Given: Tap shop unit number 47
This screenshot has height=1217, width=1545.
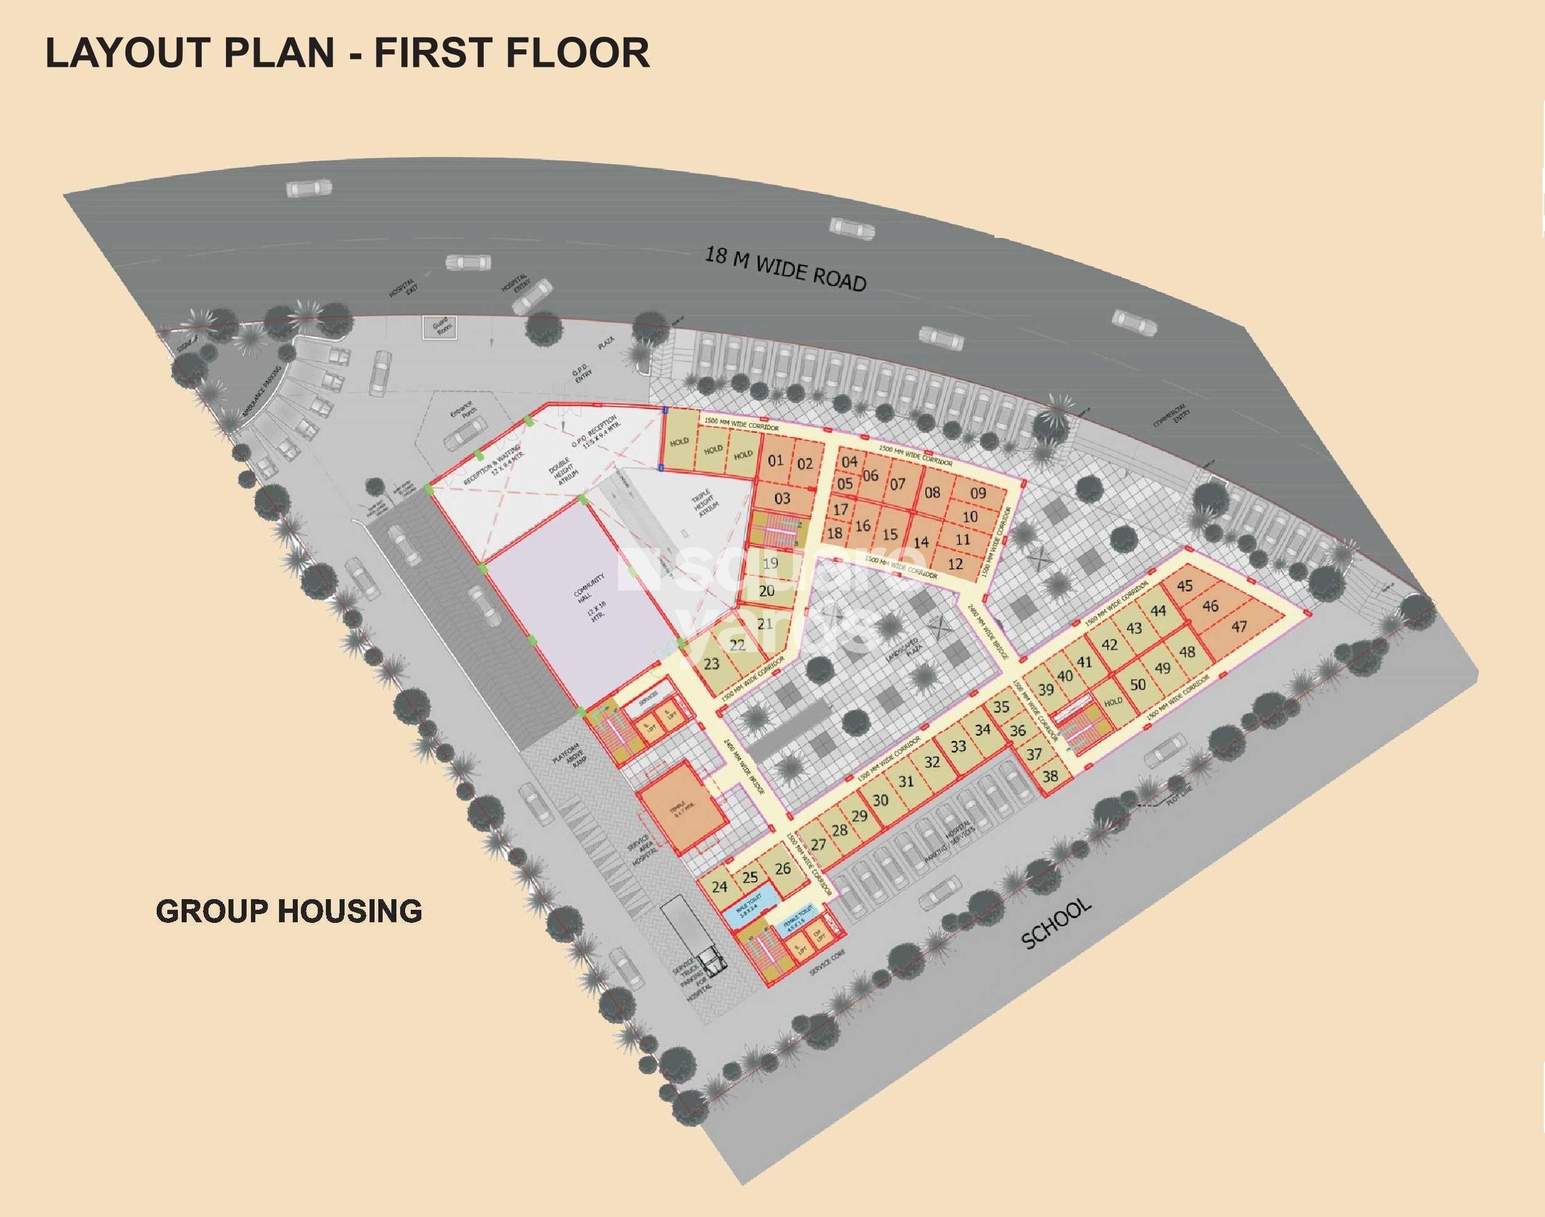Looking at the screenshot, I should tap(1238, 627).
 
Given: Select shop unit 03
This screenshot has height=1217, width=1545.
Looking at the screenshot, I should tap(782, 499).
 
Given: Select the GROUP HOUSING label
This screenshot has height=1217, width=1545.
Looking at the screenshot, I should tap(288, 910).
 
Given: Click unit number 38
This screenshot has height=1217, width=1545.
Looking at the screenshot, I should tap(1049, 777).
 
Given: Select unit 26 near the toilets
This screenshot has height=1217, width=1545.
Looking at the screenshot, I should tap(782, 869).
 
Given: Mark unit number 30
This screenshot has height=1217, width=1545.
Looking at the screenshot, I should tap(880, 799).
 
